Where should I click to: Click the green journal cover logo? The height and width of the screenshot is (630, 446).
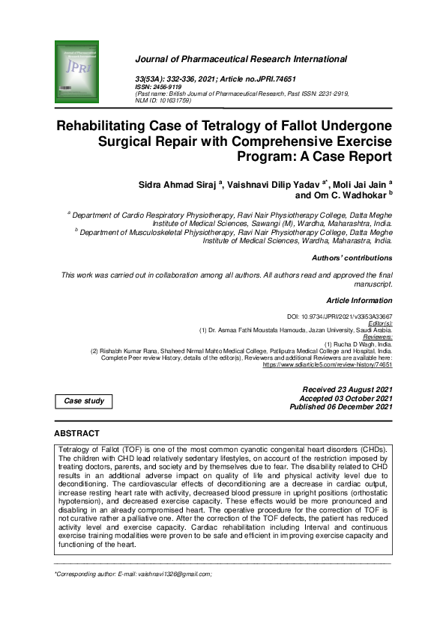pyautogui.click(x=77, y=72)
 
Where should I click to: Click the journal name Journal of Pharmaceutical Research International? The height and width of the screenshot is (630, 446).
pyautogui.click(x=241, y=58)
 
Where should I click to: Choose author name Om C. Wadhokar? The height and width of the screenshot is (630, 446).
pyautogui.click(x=349, y=195)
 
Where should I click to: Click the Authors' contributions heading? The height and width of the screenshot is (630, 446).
pyautogui.click(x=352, y=258)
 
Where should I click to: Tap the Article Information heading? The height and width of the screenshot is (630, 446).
pyautogui.click(x=359, y=300)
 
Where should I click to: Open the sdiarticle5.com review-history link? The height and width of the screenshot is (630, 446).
pyautogui.click(x=328, y=365)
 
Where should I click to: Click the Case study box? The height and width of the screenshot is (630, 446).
pyautogui.click(x=84, y=402)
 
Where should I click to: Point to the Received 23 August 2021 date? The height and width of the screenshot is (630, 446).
pyautogui.click(x=347, y=391)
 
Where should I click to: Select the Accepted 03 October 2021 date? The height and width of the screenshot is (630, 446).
pyautogui.click(x=346, y=399)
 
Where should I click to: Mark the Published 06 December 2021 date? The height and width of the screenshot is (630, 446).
pyautogui.click(x=342, y=407)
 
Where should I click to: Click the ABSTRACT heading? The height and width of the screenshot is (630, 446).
pyautogui.click(x=77, y=434)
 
